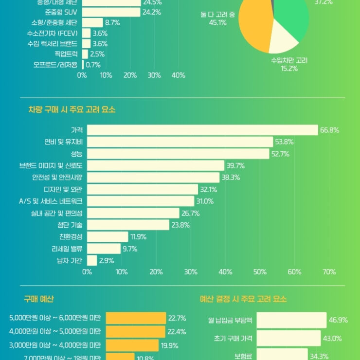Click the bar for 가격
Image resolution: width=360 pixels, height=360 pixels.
pyautogui.click(x=202, y=130)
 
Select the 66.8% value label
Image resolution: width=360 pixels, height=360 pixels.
pyautogui.click(x=329, y=130)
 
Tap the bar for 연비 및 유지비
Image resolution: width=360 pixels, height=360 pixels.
pyautogui.click(x=180, y=142)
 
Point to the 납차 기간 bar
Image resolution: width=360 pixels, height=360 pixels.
pyautogui.click(x=92, y=260)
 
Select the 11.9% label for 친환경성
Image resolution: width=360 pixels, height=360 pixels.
pyautogui.click(x=138, y=237)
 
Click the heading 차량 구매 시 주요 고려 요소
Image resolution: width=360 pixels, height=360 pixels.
pyautogui.click(x=72, y=110)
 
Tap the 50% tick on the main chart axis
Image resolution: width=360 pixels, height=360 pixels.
pyautogui.click(x=260, y=272)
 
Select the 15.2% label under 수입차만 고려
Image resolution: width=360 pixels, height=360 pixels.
pyautogui.click(x=289, y=69)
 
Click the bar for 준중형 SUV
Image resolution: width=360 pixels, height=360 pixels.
pyautogui.click(x=111, y=12)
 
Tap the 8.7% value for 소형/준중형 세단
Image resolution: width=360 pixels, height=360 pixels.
pyautogui.click(x=113, y=23)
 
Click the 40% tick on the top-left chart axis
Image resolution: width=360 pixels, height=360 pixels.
pyautogui.click(x=178, y=75)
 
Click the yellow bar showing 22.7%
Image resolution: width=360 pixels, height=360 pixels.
pyautogui.click(x=136, y=318)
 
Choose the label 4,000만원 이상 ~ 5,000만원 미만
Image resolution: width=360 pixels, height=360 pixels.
pyautogui.click(x=55, y=332)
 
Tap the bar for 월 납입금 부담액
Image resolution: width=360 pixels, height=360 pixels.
pyautogui.click(x=291, y=320)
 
